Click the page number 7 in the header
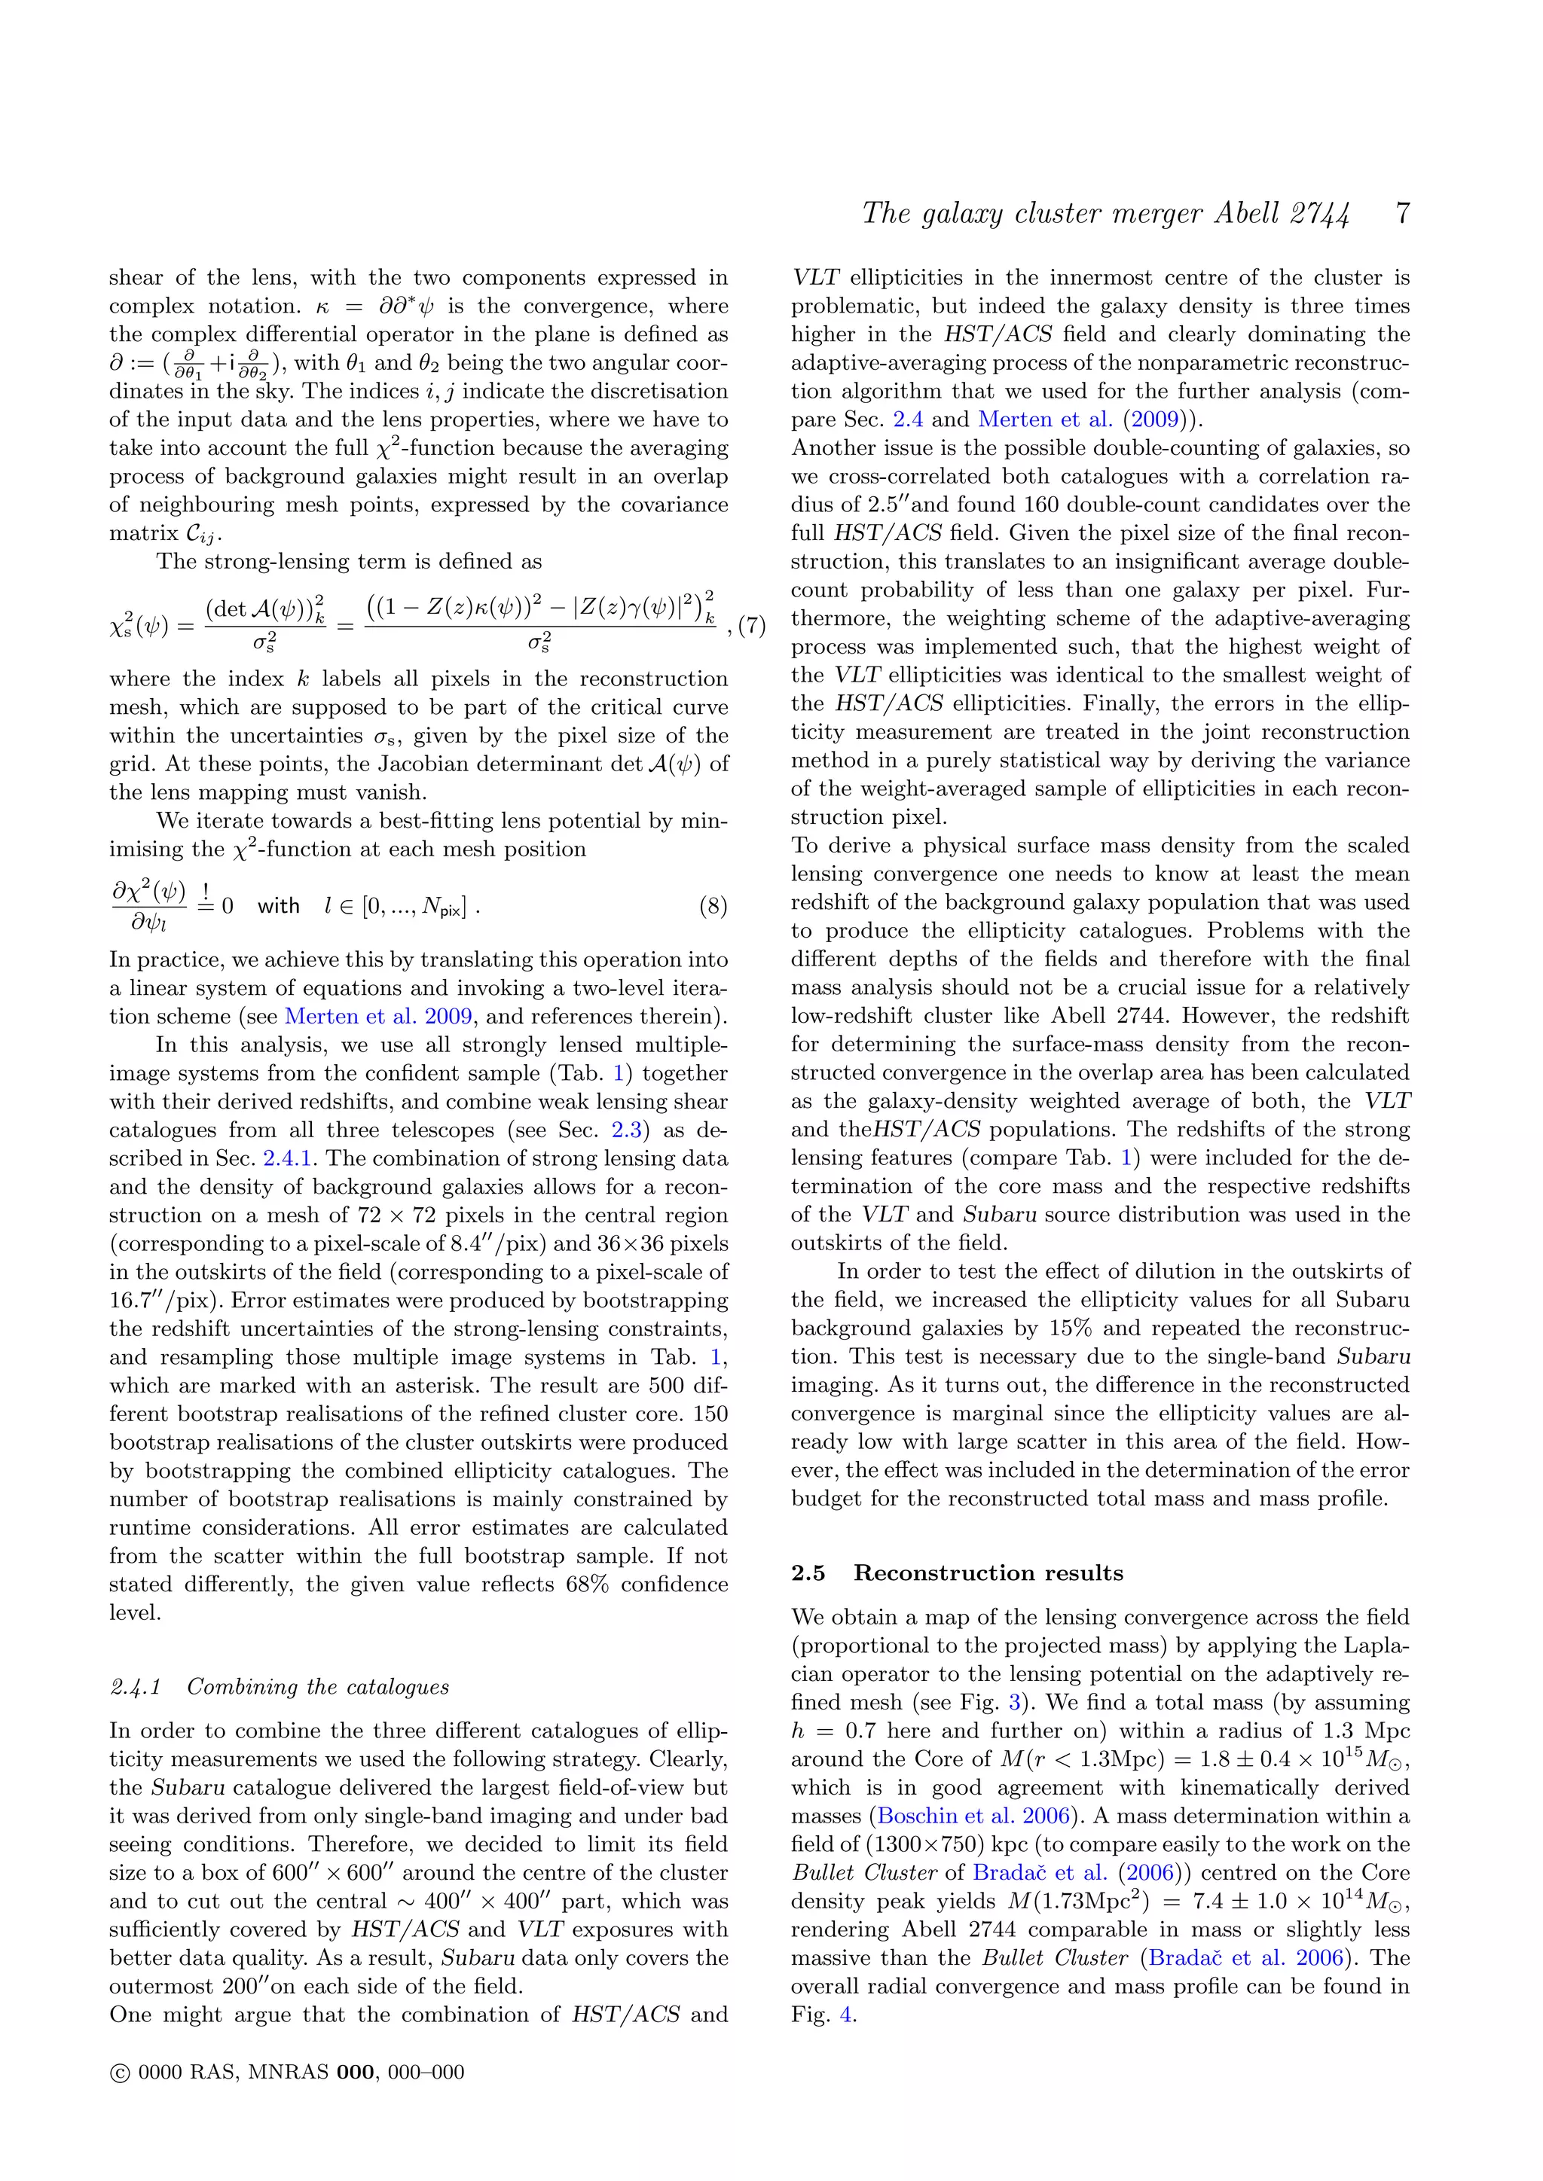1402,213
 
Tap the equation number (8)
713,905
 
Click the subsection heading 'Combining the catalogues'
317,1686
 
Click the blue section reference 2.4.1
288,1158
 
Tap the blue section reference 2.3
626,1130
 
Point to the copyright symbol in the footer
120,2073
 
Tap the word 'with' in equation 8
278,906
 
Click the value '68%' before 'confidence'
586,1584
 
